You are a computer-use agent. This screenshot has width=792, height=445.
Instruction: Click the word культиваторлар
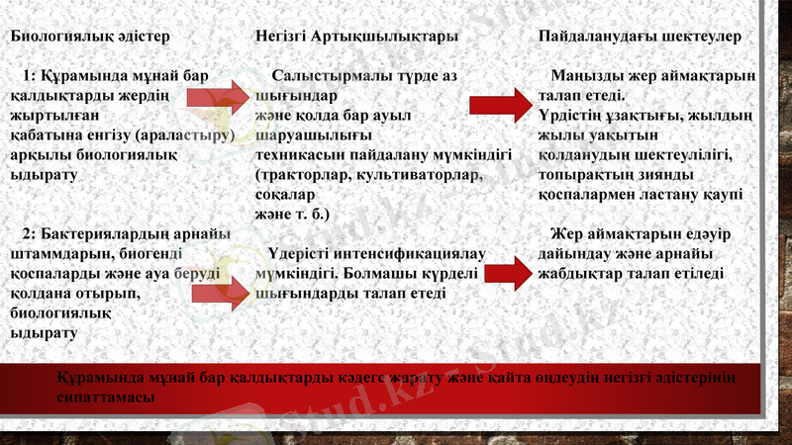click(x=409, y=174)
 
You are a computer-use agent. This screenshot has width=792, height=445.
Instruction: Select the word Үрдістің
click(x=571, y=116)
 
